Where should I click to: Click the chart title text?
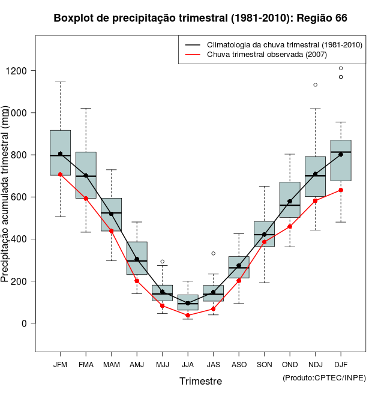(200, 18)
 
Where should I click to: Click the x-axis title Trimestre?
(200, 381)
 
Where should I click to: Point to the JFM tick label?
(60, 364)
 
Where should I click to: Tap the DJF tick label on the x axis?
(340, 364)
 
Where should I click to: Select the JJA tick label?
(188, 364)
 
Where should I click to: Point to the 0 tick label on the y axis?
(25, 323)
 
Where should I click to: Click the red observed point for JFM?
(60, 175)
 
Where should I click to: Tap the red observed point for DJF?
(340, 190)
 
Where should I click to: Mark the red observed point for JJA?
(188, 315)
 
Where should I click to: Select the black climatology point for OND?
(290, 202)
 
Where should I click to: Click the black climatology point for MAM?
(111, 214)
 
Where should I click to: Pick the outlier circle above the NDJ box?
(315, 85)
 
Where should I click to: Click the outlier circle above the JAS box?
(213, 253)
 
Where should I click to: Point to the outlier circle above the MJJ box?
(162, 262)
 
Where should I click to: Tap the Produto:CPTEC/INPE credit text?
(324, 377)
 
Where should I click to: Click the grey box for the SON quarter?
(264, 234)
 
